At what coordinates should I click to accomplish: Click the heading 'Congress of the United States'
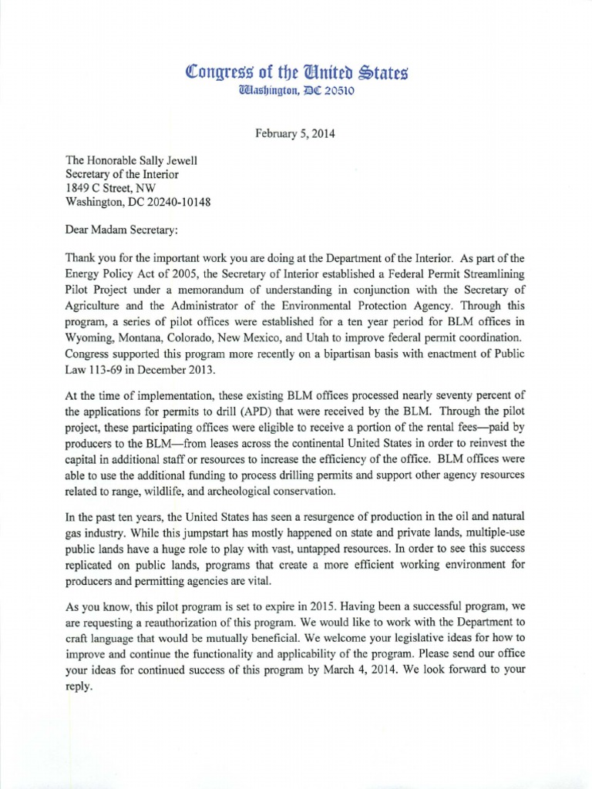tap(296, 74)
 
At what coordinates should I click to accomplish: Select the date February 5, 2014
tap(296, 133)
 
